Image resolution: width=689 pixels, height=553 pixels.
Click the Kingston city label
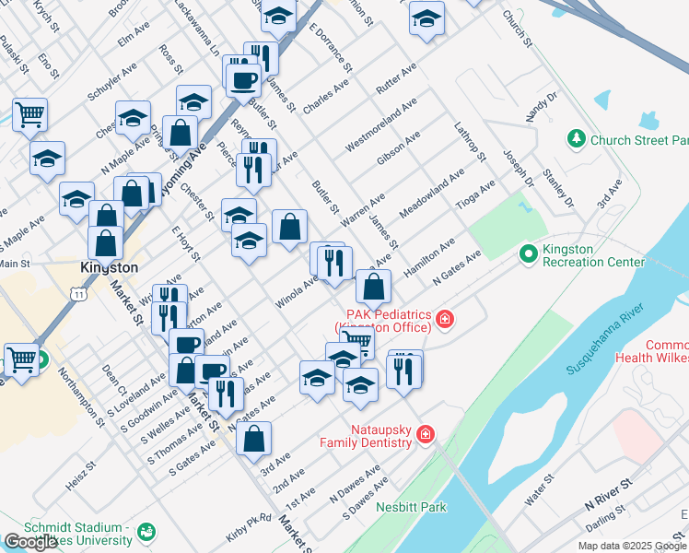point(109,267)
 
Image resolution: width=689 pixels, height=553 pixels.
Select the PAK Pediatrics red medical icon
point(445,319)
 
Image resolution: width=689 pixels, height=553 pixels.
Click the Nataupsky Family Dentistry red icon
point(425,433)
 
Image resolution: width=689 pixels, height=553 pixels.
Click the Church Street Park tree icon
point(577,139)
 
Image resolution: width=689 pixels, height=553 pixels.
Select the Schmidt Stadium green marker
point(146,532)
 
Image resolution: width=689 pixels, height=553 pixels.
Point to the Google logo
point(30,542)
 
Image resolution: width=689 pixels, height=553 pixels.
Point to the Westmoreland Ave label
point(380,124)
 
